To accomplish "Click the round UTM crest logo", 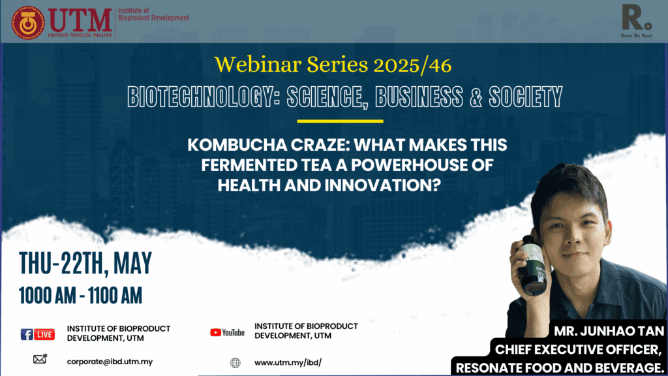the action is [28, 23].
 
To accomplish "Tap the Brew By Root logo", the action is [637, 22].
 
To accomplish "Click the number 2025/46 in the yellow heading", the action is [412, 65].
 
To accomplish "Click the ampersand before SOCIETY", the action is [476, 97].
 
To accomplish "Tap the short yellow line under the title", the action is [340, 121].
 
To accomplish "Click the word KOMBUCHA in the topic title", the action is [237, 145].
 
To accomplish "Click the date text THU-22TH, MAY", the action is [85, 264].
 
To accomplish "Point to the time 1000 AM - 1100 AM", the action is [80, 296].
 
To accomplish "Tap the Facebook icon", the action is [26, 334].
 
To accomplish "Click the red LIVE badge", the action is [44, 335].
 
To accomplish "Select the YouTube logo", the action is [227, 332].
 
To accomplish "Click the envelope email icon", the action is [40, 359].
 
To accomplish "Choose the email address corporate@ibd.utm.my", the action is [110, 362].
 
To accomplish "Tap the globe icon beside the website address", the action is [235, 363].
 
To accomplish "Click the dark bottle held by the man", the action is [532, 266].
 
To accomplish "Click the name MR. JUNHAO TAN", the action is [609, 331].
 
